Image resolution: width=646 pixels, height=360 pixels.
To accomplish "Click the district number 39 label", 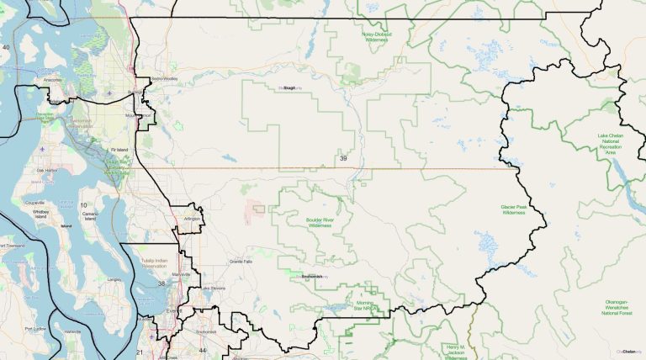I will tap(342, 158).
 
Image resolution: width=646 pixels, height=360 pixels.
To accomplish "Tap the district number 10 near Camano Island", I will tap(83, 205).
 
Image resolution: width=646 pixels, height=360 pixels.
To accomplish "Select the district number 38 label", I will tap(161, 284).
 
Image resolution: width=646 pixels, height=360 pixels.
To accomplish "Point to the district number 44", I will tap(202, 350).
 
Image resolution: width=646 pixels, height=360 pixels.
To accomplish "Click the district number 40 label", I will tap(6, 48).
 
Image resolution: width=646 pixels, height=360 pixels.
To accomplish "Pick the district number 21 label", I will tap(140, 352).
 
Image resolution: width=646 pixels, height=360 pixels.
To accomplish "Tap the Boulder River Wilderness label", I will tap(320, 223).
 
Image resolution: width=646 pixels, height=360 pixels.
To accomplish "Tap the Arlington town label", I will tap(193, 219).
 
